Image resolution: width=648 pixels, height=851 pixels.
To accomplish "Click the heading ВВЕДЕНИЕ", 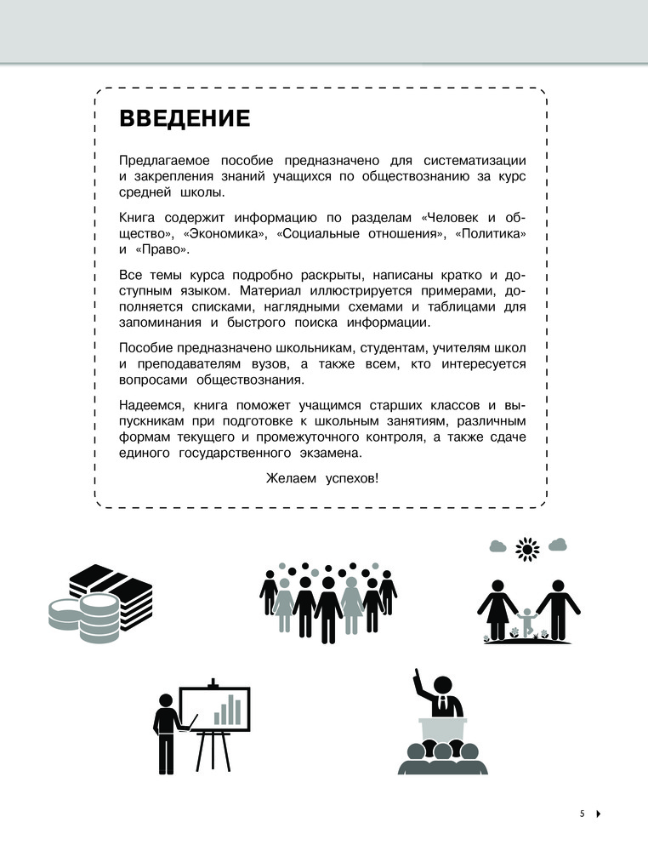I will point(185,117).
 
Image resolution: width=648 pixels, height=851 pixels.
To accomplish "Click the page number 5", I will point(583,814).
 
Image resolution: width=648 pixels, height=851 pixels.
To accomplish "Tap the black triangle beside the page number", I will point(599,814).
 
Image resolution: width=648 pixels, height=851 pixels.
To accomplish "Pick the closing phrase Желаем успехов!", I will point(322,477).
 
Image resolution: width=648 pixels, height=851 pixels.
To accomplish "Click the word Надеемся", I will point(152,404).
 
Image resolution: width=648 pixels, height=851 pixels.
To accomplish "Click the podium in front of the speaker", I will point(442,731).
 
